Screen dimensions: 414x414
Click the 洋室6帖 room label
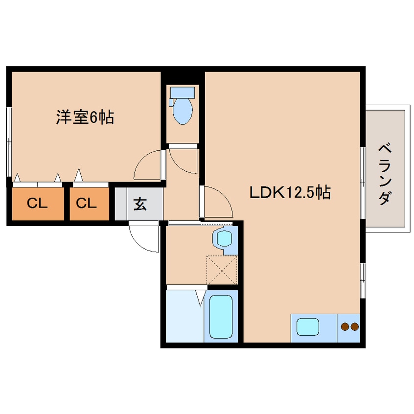85,117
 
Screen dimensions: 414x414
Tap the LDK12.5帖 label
290,192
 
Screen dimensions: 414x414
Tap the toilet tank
182,92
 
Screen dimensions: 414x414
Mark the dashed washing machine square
222,270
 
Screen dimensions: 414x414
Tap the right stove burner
355,326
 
